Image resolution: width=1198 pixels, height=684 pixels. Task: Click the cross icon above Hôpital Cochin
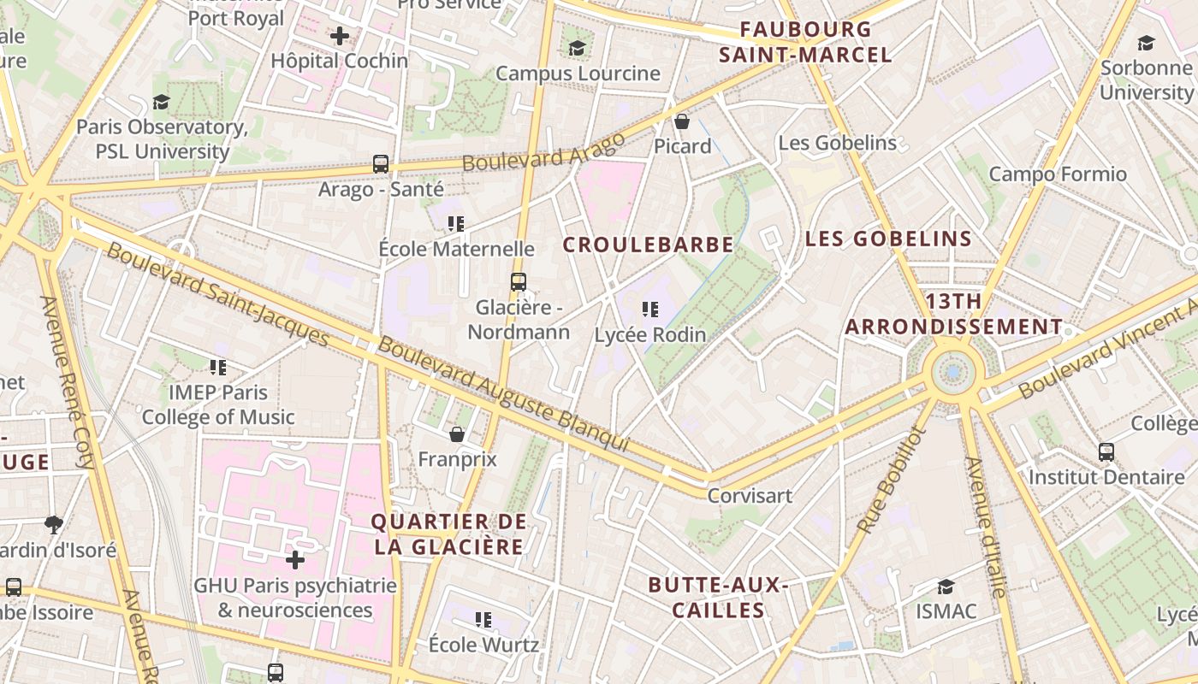pyautogui.click(x=340, y=36)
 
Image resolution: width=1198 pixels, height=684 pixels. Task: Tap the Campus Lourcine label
pyautogui.click(x=578, y=74)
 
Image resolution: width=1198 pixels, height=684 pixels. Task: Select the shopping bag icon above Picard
pyautogui.click(x=682, y=121)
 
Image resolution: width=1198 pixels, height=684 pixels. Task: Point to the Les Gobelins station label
pyautogui.click(x=837, y=143)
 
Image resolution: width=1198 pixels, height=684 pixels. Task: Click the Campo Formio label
pyautogui.click(x=1058, y=174)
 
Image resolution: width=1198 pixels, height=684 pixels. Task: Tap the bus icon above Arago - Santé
pyautogui.click(x=381, y=163)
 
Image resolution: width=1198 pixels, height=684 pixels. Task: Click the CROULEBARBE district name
pyautogui.click(x=648, y=245)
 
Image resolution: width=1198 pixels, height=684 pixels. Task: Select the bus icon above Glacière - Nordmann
pyautogui.click(x=518, y=281)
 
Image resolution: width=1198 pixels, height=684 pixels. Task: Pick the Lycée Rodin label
pyautogui.click(x=650, y=334)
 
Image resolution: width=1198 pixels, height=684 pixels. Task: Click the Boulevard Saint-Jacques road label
pyautogui.click(x=218, y=296)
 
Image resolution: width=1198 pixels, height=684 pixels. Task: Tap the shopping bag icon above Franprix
pyautogui.click(x=457, y=434)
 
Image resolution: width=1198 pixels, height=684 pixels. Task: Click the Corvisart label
pyautogui.click(x=750, y=495)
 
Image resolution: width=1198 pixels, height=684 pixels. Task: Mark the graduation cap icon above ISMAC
pyautogui.click(x=946, y=587)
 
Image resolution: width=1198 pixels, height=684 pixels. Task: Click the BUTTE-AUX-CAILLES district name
pyautogui.click(x=717, y=597)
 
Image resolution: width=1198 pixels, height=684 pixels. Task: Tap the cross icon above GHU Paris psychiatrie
pyautogui.click(x=295, y=560)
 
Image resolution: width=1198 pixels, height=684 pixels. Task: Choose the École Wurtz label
pyautogui.click(x=483, y=644)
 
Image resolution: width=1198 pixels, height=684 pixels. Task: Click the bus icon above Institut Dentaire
pyautogui.click(x=1106, y=451)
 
